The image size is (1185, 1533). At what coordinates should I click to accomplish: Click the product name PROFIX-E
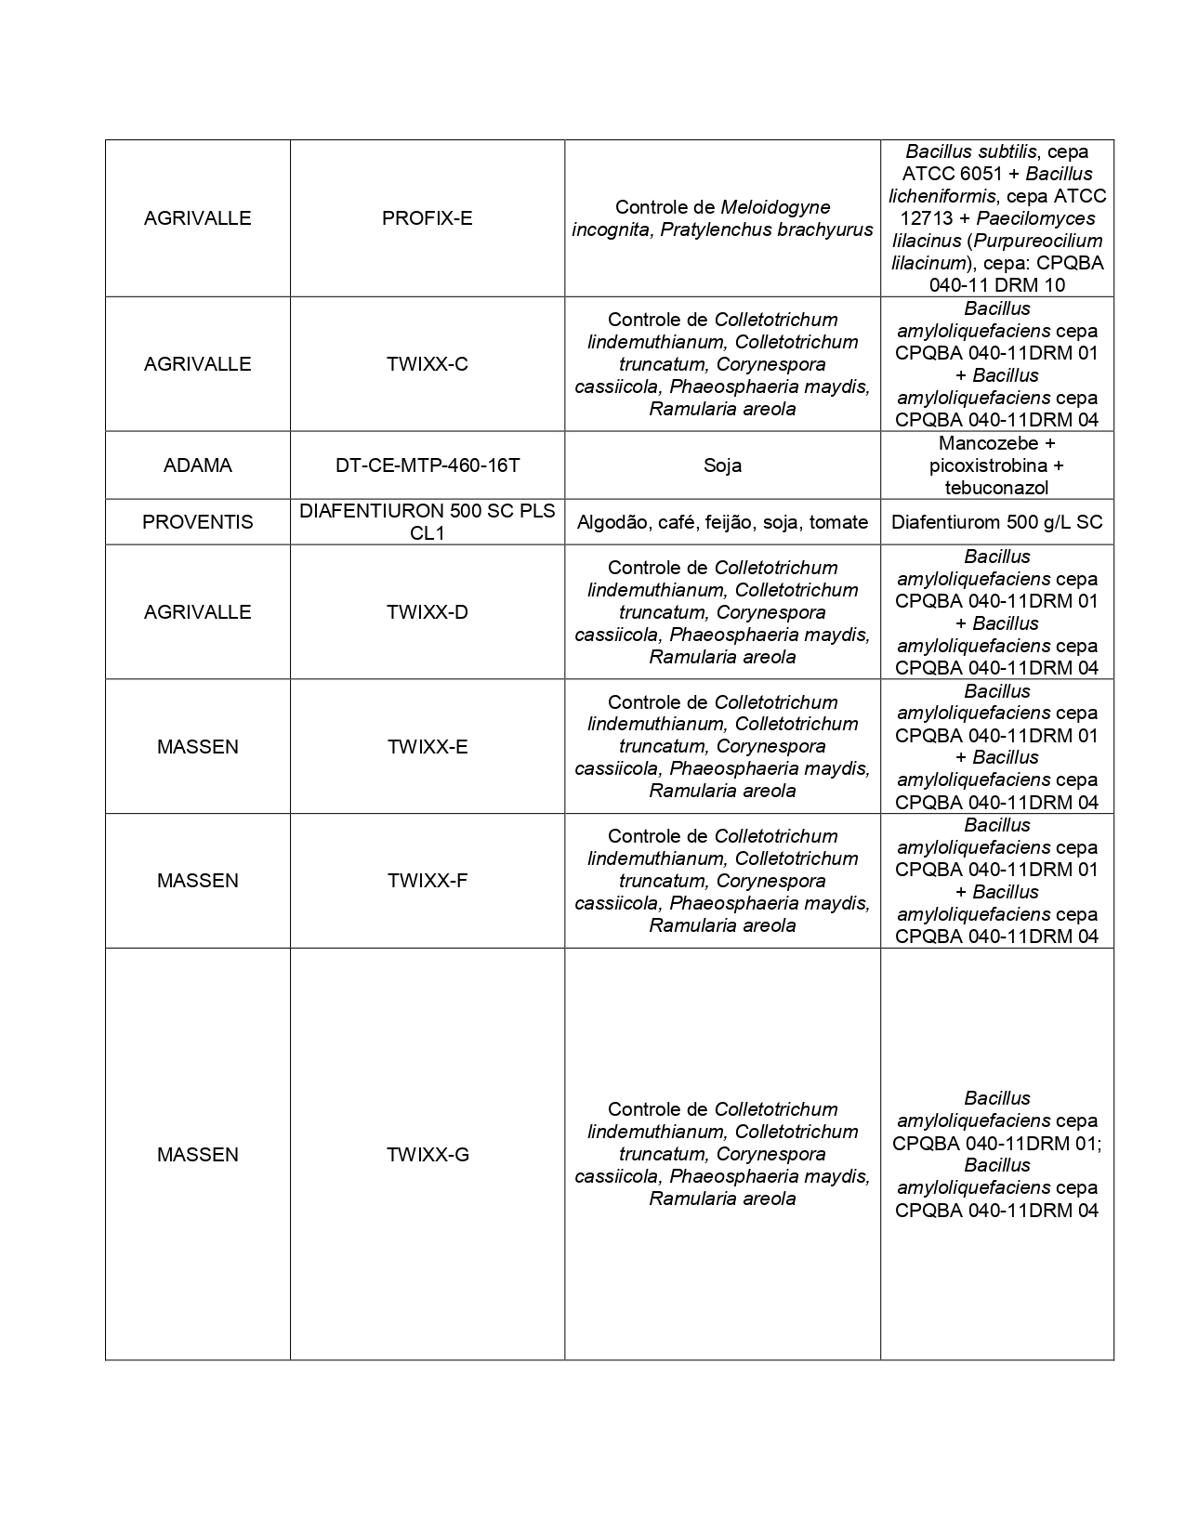coord(427,218)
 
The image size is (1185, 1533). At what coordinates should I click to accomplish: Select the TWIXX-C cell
coord(427,364)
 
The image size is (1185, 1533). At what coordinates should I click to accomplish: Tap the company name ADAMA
coord(197,465)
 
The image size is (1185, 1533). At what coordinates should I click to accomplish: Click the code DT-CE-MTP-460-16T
coord(427,465)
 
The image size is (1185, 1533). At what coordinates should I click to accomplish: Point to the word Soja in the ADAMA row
coord(722,465)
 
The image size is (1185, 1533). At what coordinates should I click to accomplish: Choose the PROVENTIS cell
coord(197,522)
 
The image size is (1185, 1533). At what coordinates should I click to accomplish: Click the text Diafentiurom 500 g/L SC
coord(996,522)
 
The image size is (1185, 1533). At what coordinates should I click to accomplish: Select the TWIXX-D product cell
coord(427,612)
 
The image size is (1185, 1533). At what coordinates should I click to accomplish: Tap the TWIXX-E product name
coord(427,747)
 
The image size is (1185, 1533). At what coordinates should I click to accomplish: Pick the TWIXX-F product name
coord(427,881)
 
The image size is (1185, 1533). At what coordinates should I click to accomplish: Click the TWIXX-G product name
coord(427,1155)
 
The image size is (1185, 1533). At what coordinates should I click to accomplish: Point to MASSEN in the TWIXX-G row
coord(197,1155)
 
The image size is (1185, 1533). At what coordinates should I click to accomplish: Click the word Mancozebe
coord(983,443)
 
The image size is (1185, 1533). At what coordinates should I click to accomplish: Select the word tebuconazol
coord(996,488)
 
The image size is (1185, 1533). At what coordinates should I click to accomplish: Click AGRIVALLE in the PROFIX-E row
coord(197,218)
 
